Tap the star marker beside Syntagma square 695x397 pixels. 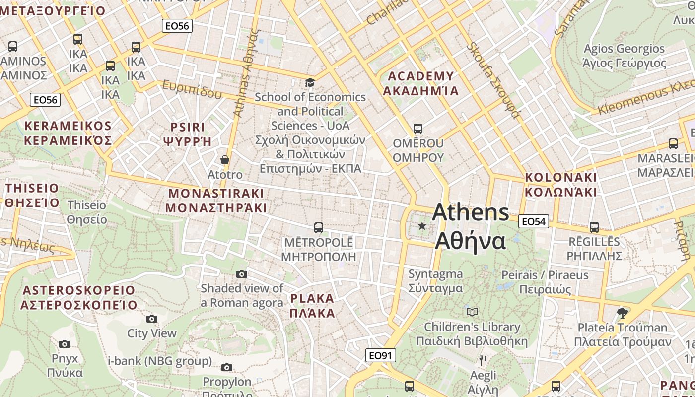point(422,226)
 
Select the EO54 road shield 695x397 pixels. point(534,221)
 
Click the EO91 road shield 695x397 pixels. point(381,355)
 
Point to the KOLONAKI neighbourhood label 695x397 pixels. point(561,185)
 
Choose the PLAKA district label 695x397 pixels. point(312,306)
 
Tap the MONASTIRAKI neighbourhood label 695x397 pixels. point(216,200)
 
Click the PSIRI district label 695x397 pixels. point(188,134)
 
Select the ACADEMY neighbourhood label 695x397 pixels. point(421,83)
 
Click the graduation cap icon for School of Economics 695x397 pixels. point(310,82)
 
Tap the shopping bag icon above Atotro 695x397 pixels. point(225,160)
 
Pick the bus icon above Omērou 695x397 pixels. point(418,129)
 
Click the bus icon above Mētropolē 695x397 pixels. point(319,228)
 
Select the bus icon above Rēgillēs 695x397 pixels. point(594,227)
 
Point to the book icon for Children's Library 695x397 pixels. point(472,312)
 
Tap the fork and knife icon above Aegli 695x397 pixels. point(483,360)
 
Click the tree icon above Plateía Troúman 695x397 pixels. point(622,313)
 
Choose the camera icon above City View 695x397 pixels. point(152,319)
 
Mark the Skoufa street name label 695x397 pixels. point(493,80)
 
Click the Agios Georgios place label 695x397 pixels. point(624,56)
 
